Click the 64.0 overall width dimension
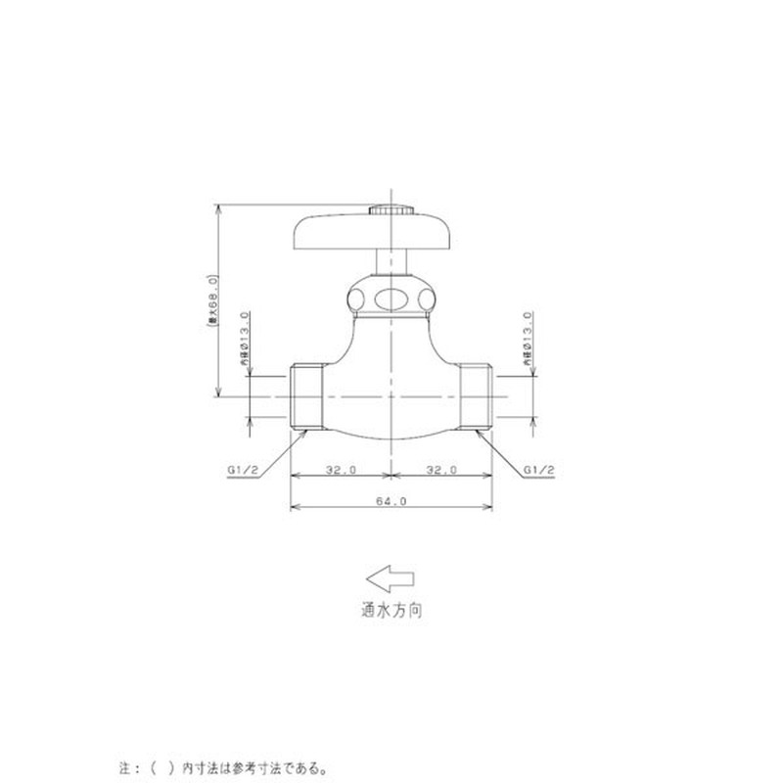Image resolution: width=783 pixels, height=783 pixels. (391, 500)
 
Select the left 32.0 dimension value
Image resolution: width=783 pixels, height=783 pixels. (340, 470)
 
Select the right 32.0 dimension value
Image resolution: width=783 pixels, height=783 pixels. (442, 470)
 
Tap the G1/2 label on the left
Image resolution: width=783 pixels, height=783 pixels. (242, 470)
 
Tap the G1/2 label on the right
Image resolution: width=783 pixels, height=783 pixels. (539, 470)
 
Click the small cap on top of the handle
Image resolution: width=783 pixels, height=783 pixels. (391, 208)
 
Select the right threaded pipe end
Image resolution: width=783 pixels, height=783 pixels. (476, 396)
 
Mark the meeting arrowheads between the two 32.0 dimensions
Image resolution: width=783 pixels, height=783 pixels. (391, 478)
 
